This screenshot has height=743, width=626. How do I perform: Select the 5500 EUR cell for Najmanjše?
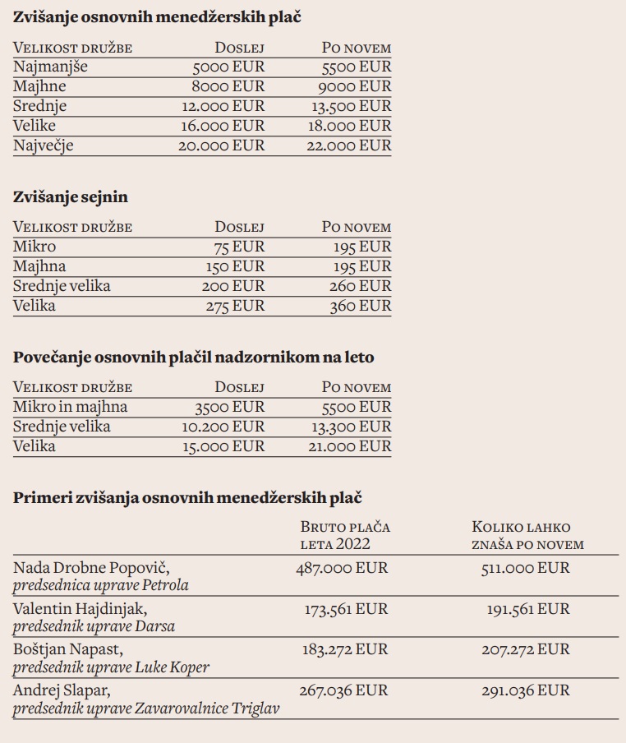pos(356,67)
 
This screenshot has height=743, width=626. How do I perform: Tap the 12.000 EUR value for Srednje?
pos(223,106)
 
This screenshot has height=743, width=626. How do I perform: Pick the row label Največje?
pos(44,145)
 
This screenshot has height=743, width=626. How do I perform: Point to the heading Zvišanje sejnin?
pos(71,196)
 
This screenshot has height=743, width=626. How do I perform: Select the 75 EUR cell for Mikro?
pos(239,247)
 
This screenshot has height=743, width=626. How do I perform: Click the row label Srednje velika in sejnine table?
pos(62,286)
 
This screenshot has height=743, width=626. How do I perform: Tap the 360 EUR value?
pos(362,306)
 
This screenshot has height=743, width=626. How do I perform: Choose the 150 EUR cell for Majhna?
pos(235,266)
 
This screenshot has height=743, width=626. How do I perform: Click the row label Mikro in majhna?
pos(71,407)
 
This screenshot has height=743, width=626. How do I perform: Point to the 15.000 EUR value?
pos(223,446)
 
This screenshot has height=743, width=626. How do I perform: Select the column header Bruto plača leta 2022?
pos(345,535)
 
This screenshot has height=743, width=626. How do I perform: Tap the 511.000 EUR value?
pos(525,568)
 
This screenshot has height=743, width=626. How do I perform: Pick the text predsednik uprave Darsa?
pos(94,625)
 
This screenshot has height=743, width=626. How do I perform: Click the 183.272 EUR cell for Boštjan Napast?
pos(342,649)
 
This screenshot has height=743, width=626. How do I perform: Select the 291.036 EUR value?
pos(525,689)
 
